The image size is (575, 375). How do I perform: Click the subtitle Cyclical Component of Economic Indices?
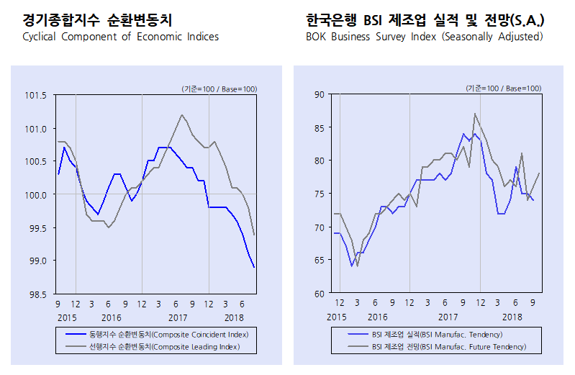pyautogui.click(x=120, y=37)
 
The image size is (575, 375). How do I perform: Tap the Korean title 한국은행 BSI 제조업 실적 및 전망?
pyautogui.click(x=424, y=19)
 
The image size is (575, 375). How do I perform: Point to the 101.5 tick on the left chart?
pyautogui.click(x=36, y=95)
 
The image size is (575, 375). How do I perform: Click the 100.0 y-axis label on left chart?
pyautogui.click(x=36, y=195)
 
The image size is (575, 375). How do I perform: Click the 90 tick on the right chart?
pyautogui.click(x=319, y=94)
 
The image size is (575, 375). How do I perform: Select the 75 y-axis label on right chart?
pyautogui.click(x=319, y=194)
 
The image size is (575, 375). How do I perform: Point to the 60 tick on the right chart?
pyautogui.click(x=319, y=294)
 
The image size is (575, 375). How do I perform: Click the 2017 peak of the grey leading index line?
pyautogui.click(x=181, y=114)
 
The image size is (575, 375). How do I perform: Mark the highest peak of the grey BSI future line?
pyautogui.click(x=475, y=114)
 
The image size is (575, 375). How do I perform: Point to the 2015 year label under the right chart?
pyautogui.click(x=336, y=317)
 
